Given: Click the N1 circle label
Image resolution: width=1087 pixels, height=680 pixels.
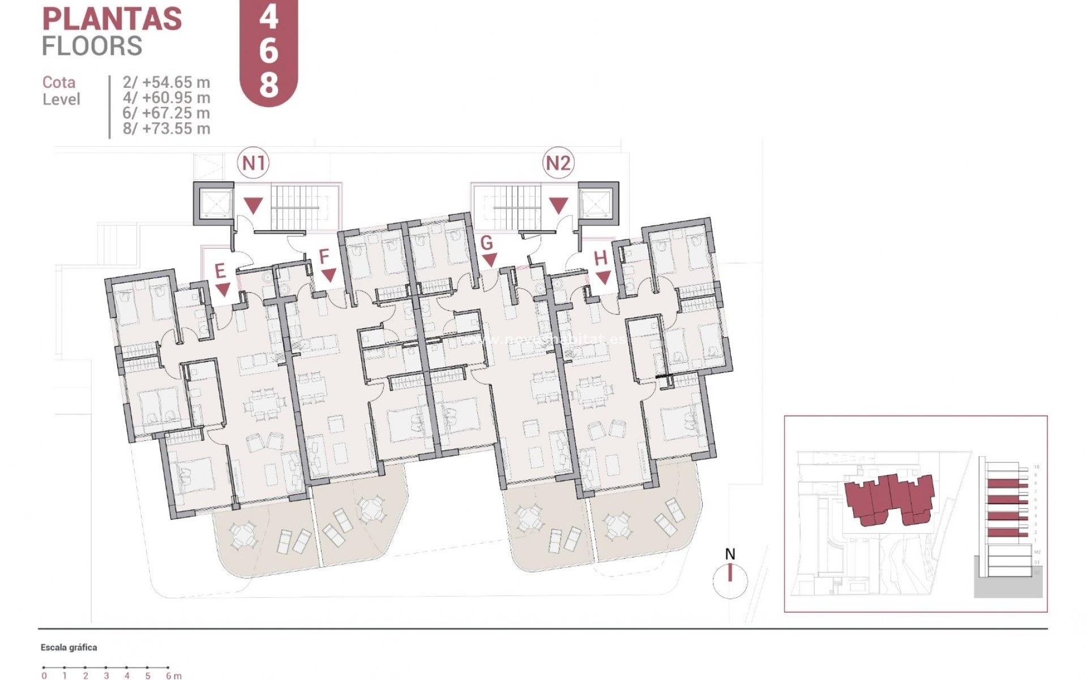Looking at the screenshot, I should (x=253, y=163).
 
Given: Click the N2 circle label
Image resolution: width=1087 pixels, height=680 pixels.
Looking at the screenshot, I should (x=558, y=163).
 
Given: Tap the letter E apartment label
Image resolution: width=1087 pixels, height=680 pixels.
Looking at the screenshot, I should (x=220, y=271).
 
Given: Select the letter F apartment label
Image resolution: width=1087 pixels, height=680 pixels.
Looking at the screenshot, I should (x=324, y=257).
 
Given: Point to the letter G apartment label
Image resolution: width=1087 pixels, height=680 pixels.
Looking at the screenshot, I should (x=486, y=243).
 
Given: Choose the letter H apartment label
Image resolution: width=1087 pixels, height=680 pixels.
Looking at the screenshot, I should (x=600, y=258).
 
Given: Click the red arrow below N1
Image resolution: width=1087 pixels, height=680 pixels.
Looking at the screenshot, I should (x=253, y=205).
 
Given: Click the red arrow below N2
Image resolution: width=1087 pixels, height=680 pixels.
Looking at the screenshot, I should (x=558, y=205).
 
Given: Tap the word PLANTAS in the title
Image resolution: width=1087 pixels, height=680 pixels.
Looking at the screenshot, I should (x=112, y=19).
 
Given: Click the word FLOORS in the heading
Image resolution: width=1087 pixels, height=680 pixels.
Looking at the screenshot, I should (x=92, y=46).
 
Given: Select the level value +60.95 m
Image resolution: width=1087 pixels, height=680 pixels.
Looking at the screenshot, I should (x=166, y=97).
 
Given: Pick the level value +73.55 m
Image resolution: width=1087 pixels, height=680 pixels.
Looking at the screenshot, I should (x=166, y=129).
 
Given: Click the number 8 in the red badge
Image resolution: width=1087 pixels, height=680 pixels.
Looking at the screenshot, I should (x=269, y=85).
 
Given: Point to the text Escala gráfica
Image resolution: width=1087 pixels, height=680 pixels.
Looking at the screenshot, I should (x=69, y=647).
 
